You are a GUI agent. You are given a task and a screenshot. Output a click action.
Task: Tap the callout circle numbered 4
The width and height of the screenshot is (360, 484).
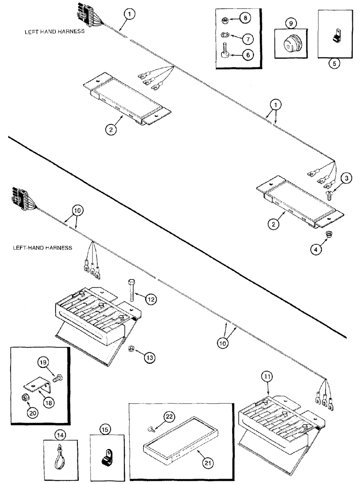[x=315, y=249]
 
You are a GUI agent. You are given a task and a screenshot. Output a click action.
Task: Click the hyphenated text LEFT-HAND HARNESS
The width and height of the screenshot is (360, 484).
[x=40, y=247]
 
